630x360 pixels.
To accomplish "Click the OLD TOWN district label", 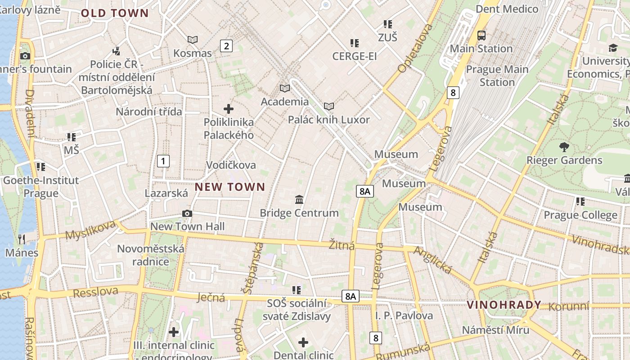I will click(x=114, y=13).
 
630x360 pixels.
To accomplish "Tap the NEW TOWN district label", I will click(x=229, y=187).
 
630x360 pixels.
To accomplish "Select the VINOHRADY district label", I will click(x=504, y=305).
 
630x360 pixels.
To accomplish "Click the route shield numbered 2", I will click(x=226, y=45).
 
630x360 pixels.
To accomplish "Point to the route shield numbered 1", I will click(x=163, y=161).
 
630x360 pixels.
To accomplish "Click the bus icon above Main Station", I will click(x=481, y=35).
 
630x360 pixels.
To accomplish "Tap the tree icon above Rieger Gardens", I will click(x=564, y=147).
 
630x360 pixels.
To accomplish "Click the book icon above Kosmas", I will click(x=193, y=40).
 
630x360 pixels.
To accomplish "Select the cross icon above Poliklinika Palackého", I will click(x=229, y=109).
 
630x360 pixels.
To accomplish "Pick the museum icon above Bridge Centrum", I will click(x=299, y=199).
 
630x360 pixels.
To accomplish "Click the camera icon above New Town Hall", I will click(x=187, y=213).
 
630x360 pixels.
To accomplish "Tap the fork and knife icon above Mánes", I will click(x=22, y=239).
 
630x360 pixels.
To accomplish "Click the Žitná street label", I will click(x=342, y=245).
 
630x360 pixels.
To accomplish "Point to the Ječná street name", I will click(x=211, y=297).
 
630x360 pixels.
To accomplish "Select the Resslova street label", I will click(x=95, y=292).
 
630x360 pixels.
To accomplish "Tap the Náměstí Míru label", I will click(x=495, y=330).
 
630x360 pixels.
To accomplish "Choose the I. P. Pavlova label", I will click(x=404, y=315).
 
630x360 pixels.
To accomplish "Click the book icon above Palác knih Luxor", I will click(x=329, y=107).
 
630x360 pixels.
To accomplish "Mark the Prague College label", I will click(x=580, y=215).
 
